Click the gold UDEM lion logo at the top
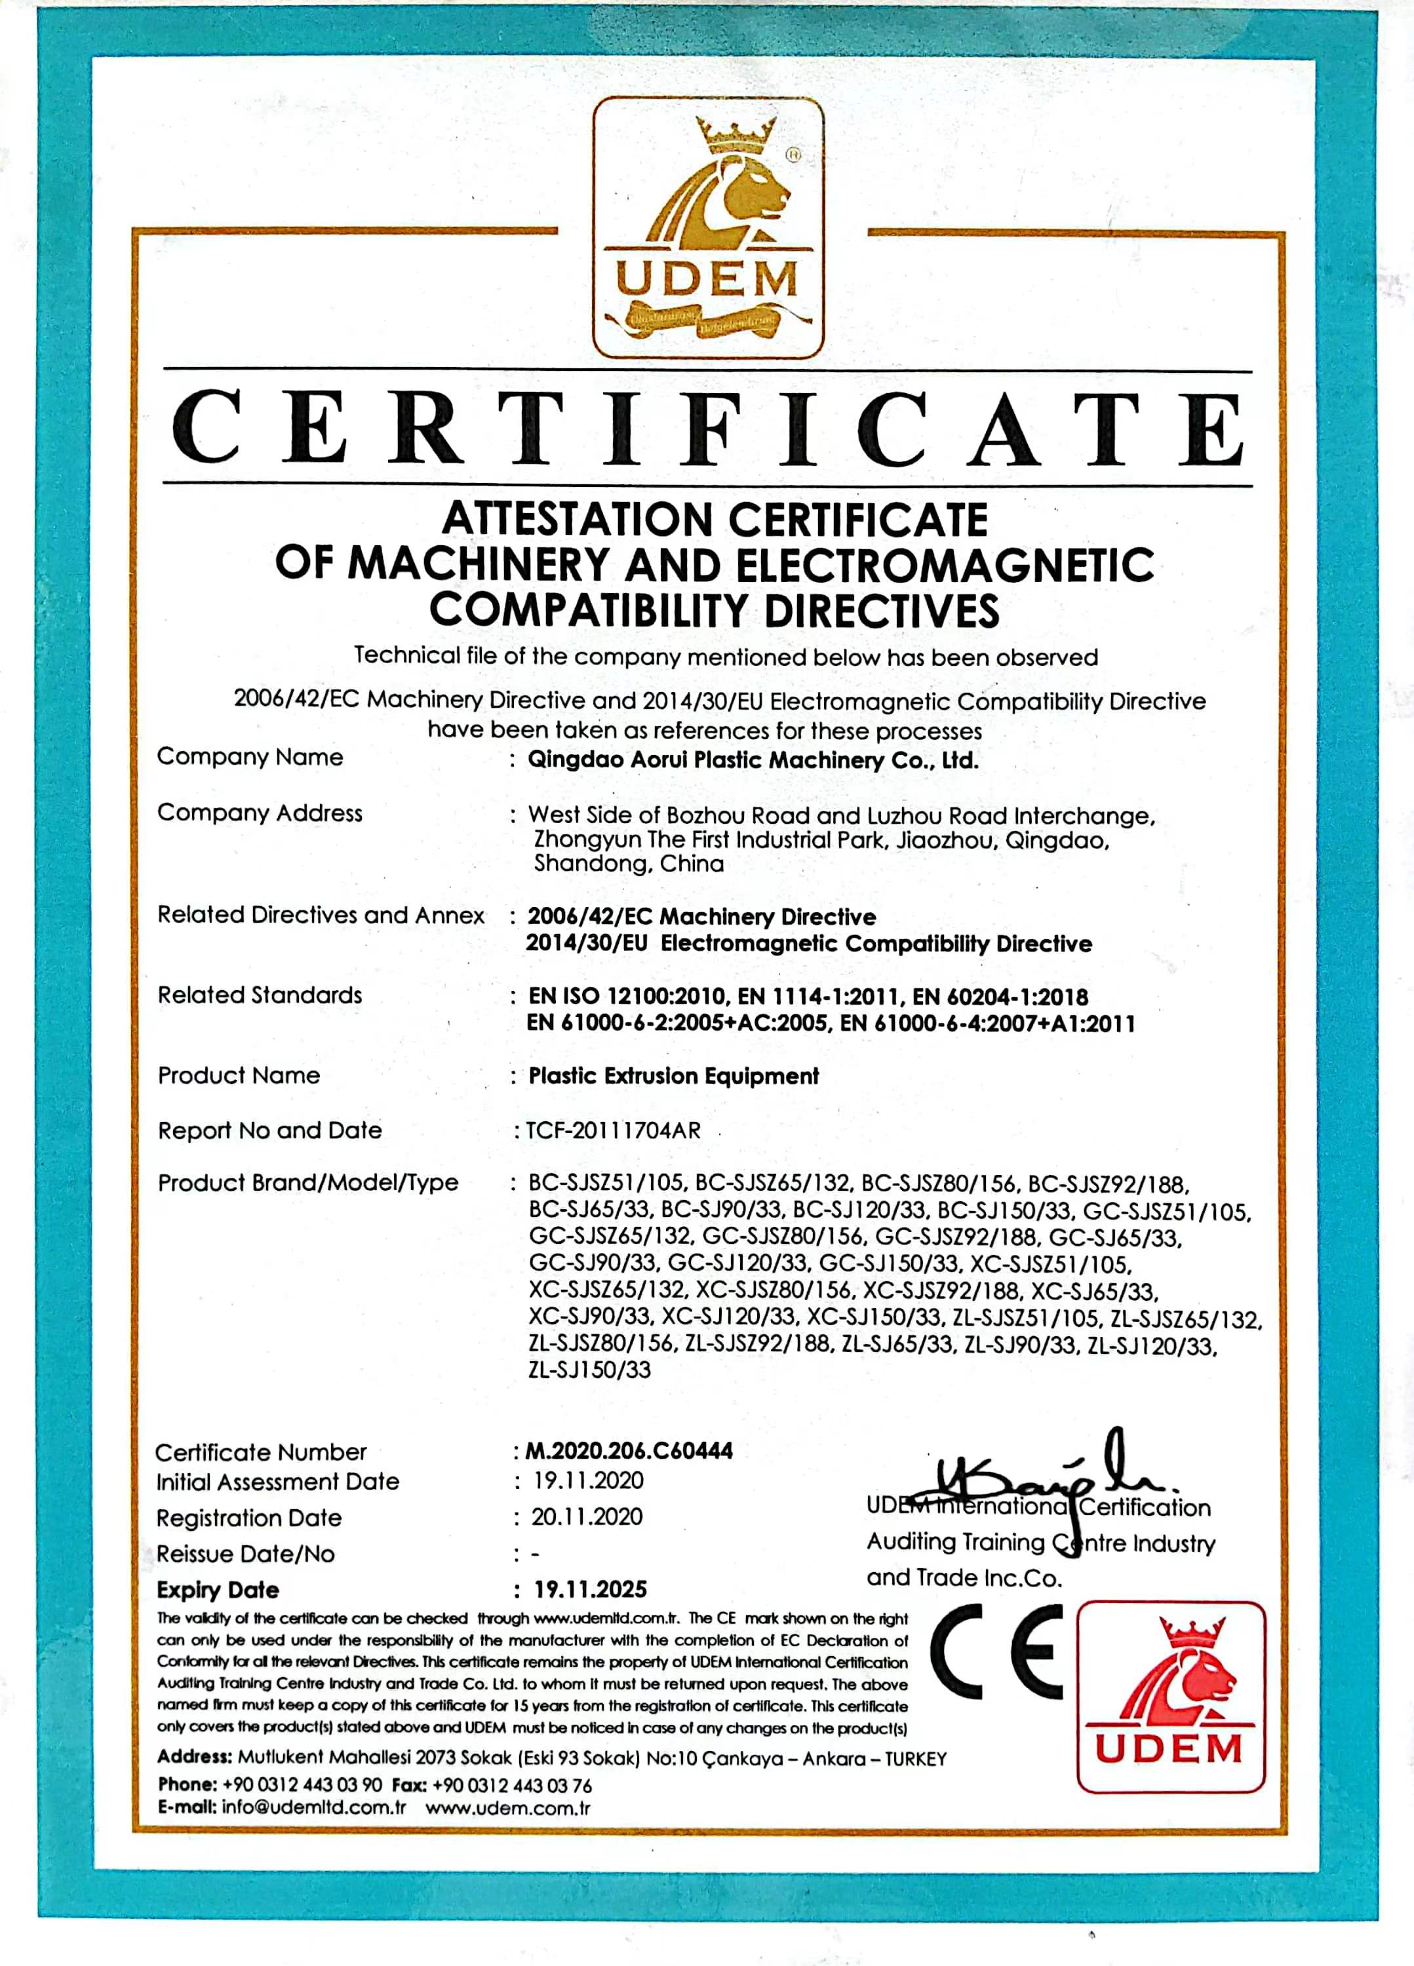[707, 227]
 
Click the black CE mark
[997, 1651]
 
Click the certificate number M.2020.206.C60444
[629, 1451]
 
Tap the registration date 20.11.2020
[587, 1517]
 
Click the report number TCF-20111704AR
[613, 1131]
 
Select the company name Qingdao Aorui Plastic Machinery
[753, 760]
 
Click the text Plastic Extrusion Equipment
[674, 1077]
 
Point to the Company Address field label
[259, 813]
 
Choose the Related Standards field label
[259, 995]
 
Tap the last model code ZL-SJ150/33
[589, 1370]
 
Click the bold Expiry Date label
[218, 1590]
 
